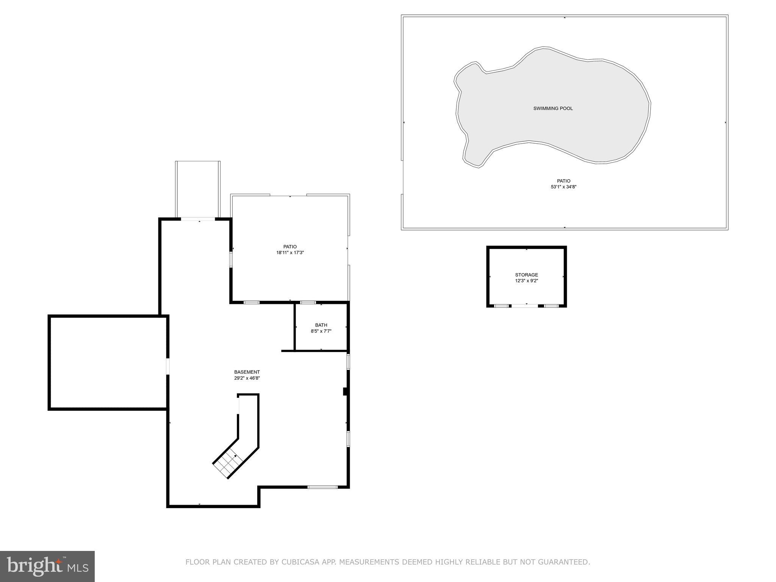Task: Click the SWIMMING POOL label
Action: click(553, 109)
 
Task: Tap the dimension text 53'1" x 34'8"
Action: click(563, 187)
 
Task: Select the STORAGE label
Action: click(526, 275)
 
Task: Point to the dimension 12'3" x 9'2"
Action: click(526, 281)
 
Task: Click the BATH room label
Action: click(321, 325)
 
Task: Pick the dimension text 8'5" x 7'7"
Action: click(321, 331)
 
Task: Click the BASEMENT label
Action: click(247, 372)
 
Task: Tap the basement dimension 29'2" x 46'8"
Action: click(247, 378)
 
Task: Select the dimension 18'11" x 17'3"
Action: click(290, 253)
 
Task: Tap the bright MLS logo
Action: click(47, 566)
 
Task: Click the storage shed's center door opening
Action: click(525, 305)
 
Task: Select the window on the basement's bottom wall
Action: click(322, 487)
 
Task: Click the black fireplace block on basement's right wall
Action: click(345, 391)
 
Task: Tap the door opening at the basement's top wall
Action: click(198, 219)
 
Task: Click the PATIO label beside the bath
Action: click(290, 247)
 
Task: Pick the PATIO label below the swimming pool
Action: click(563, 181)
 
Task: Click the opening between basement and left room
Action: click(167, 366)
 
